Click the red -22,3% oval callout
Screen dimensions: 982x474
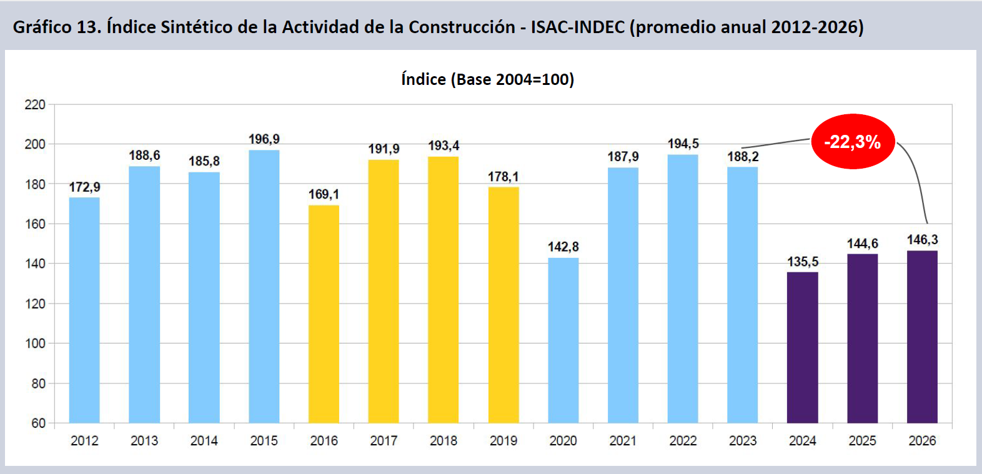pyautogui.click(x=853, y=142)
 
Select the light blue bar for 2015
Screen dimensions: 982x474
pyautogui.click(x=264, y=287)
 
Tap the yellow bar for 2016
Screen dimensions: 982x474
pyautogui.click(x=324, y=314)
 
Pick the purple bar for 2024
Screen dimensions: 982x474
pyautogui.click(x=802, y=347)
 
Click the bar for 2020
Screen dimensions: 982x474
pyautogui.click(x=563, y=340)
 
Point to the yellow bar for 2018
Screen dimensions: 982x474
pyautogui.click(x=444, y=290)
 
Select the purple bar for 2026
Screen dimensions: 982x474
pyautogui.click(x=922, y=337)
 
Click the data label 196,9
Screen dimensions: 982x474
pyautogui.click(x=264, y=139)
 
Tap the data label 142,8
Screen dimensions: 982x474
pyautogui.click(x=563, y=247)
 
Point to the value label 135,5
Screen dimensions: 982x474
pyautogui.click(x=803, y=262)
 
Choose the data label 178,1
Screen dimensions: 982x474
pyautogui.click(x=503, y=177)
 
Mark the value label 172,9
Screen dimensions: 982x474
pyautogui.click(x=84, y=187)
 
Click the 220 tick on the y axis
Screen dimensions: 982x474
pyautogui.click(x=35, y=105)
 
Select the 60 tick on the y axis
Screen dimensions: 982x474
pyautogui.click(x=39, y=423)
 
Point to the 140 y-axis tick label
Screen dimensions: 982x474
pyautogui.click(x=35, y=264)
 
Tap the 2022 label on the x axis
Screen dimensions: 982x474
pyautogui.click(x=683, y=440)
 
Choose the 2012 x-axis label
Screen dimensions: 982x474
pyautogui.click(x=84, y=440)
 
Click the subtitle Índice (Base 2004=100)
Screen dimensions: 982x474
pyautogui.click(x=487, y=79)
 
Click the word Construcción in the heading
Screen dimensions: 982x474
pyautogui.click(x=462, y=27)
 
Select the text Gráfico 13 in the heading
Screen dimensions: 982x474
pyautogui.click(x=57, y=27)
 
